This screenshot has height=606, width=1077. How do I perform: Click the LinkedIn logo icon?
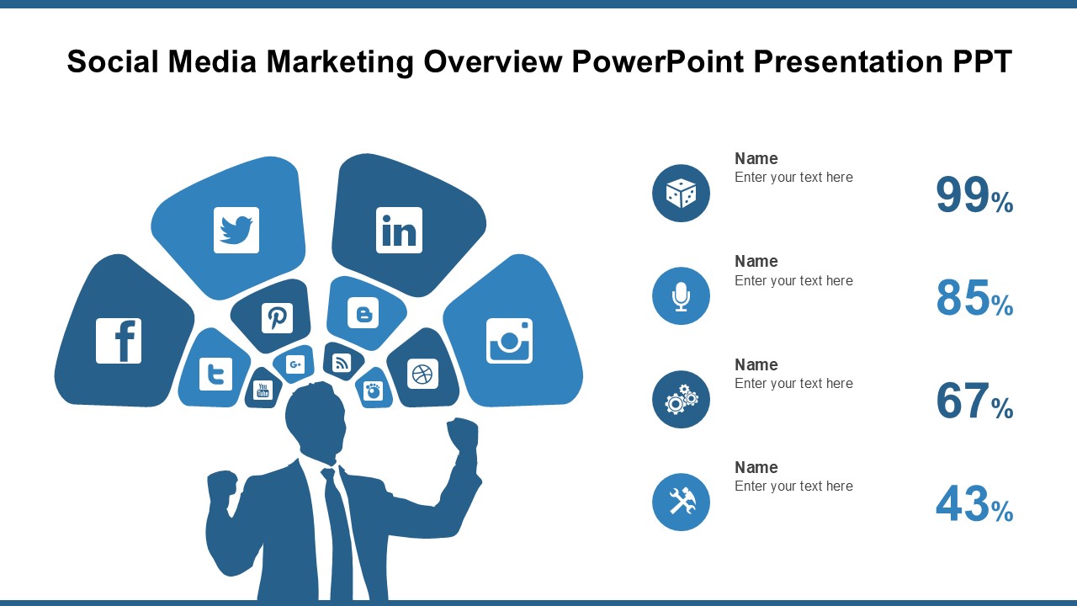coord(399,230)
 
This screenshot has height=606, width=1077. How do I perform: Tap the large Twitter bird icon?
coord(236,230)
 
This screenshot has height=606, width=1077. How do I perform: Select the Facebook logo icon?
coord(119,341)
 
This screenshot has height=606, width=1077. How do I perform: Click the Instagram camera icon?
coord(509,341)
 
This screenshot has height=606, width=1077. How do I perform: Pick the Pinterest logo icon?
coord(277,318)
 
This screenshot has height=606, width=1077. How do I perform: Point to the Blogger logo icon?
coord(363,313)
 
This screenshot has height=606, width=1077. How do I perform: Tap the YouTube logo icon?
coord(263,390)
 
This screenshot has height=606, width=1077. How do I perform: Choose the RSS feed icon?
coord(342,362)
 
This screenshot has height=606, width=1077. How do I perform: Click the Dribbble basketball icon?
coord(422,373)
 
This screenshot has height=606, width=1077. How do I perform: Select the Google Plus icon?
coord(294,364)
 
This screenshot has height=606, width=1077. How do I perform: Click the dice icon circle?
coord(681,193)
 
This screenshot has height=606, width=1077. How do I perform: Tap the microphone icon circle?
coord(681,295)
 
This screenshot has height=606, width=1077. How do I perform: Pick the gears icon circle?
coord(681,399)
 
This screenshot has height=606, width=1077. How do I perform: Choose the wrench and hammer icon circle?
coord(681,502)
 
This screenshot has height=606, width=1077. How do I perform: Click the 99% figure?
coord(974,195)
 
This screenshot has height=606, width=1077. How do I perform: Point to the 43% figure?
coord(974,505)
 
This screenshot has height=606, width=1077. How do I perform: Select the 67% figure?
coord(974,401)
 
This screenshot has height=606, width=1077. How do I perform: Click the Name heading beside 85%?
coord(756,261)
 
